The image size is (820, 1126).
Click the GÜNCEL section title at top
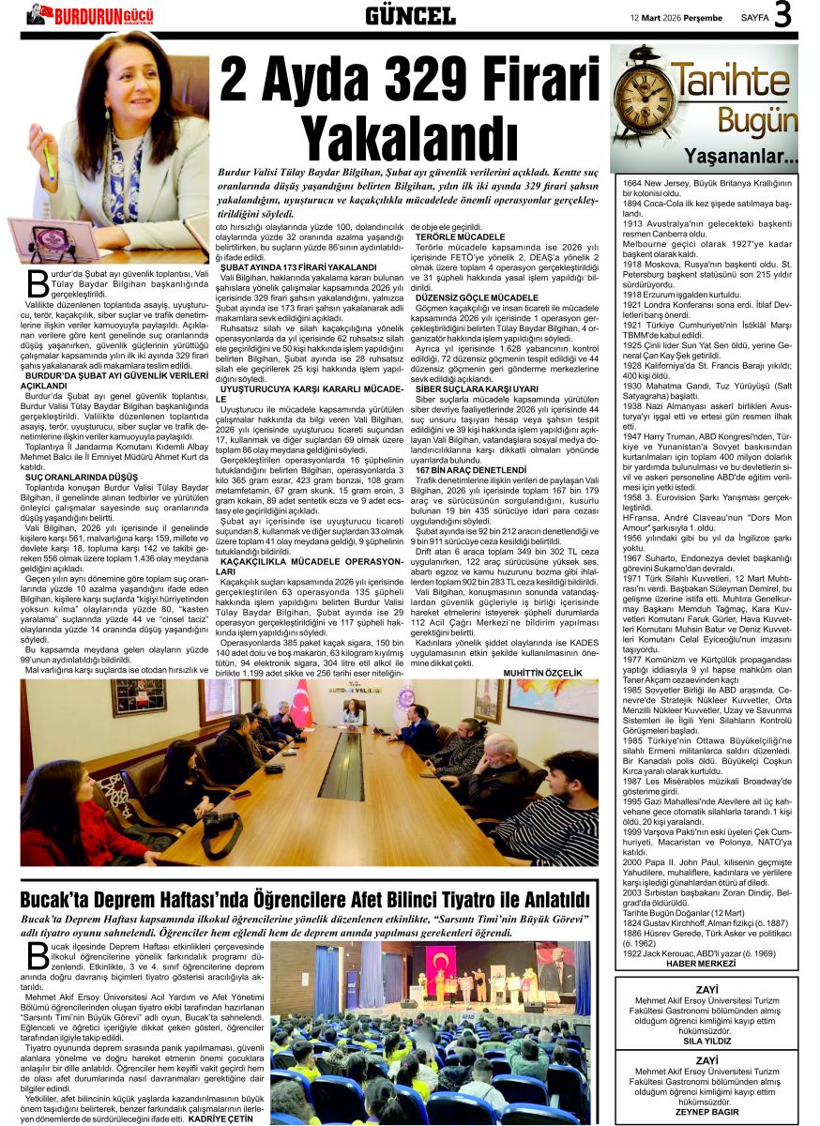[x=409, y=15]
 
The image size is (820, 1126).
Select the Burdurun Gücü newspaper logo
[x=92, y=14]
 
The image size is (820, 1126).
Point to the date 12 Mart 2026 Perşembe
[x=676, y=17]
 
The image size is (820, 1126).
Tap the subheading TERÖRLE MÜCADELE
[x=460, y=236]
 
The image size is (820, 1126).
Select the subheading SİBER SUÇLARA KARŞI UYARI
[x=477, y=388]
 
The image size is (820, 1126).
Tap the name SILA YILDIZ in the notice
[x=706, y=1042]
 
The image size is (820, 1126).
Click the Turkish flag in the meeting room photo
[x=301, y=704]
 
